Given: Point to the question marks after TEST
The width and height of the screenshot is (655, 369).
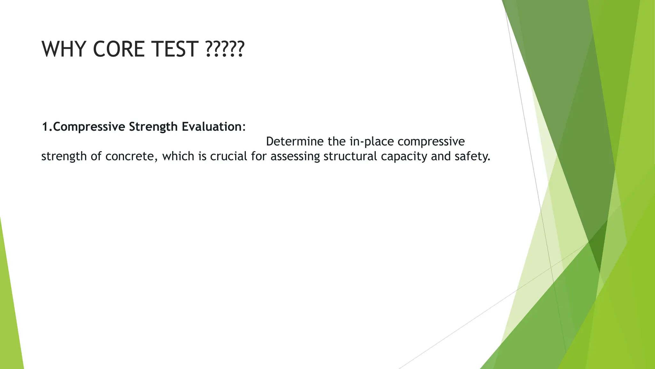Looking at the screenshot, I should [225, 49].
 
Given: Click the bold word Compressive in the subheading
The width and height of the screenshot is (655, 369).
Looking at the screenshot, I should [89, 127].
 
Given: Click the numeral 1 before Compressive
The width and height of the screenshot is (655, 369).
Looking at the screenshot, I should [45, 127].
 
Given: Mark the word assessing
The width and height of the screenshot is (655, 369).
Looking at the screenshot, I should [295, 156].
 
